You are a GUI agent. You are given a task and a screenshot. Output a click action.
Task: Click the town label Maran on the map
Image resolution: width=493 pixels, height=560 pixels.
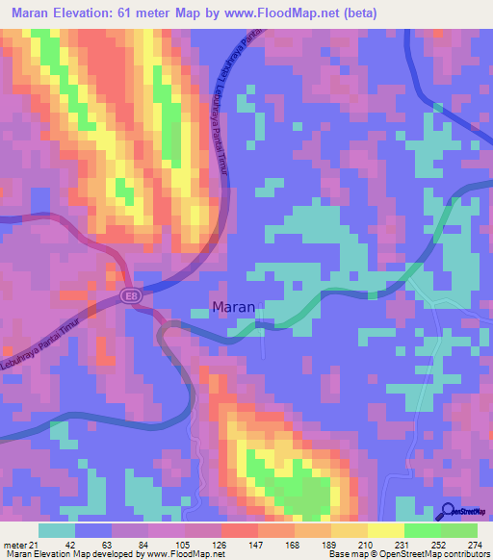click(x=233, y=308)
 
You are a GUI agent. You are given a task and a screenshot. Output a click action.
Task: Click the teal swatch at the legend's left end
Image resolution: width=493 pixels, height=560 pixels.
click(x=56, y=530)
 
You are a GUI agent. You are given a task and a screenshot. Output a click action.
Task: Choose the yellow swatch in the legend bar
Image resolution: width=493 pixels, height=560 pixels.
click(x=385, y=530)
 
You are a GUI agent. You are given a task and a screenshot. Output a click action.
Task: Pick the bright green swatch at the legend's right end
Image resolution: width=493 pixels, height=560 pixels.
click(x=458, y=530)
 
